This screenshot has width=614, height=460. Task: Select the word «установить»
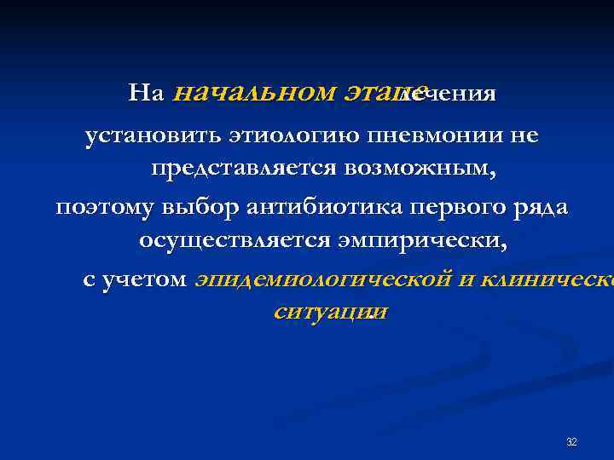pos(153,136)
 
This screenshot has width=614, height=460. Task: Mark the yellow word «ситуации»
pos(329,312)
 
